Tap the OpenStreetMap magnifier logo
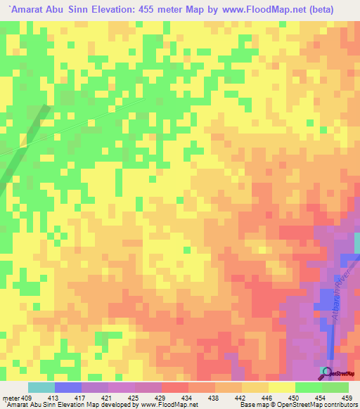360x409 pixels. click(x=324, y=370)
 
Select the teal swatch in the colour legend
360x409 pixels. click(x=41, y=388)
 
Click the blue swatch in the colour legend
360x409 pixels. click(x=68, y=388)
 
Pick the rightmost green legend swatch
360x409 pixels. click(x=335, y=388)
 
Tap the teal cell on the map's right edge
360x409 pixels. click(x=356, y=244)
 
